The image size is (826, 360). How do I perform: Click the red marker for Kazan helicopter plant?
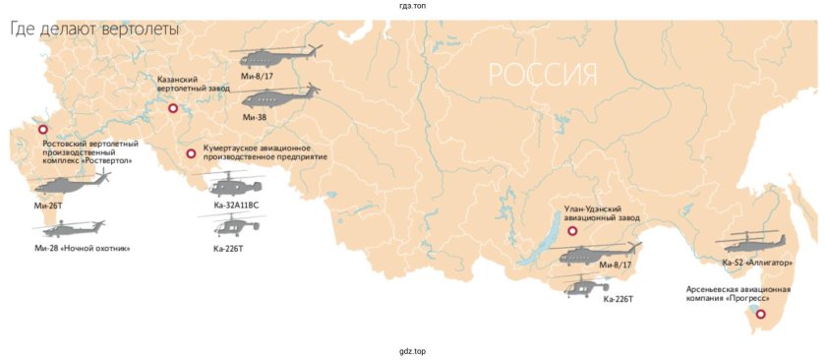tap(173, 109)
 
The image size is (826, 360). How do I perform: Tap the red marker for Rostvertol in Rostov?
tap(42, 130)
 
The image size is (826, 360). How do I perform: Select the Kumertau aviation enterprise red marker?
tap(191, 153)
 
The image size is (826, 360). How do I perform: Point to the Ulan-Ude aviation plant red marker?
tap(571, 230)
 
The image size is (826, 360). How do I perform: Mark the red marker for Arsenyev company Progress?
tap(760, 314)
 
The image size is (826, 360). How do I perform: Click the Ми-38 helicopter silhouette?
tap(276, 98)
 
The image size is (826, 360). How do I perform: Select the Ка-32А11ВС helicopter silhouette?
tap(234, 184)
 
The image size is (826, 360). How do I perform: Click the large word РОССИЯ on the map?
tap(543, 75)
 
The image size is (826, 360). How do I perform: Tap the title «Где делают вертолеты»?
tap(94, 30)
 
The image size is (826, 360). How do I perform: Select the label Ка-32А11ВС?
tap(236, 205)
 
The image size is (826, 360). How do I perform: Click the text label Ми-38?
tap(255, 117)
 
